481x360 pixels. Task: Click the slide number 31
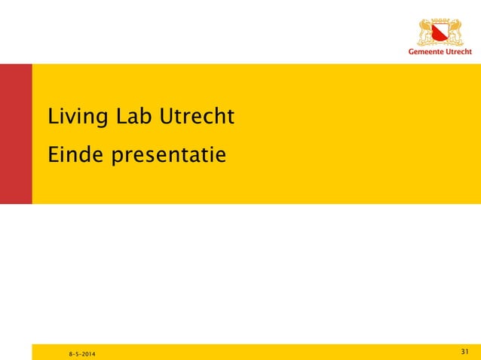pyautogui.click(x=464, y=352)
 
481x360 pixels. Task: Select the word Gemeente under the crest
pyautogui.click(x=425, y=52)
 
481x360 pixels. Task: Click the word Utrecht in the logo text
pyautogui.click(x=458, y=52)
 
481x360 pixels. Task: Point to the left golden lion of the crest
pyautogui.click(x=426, y=33)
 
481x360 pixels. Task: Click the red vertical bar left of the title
pyautogui.click(x=16, y=134)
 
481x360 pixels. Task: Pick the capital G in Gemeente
pyautogui.click(x=412, y=52)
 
